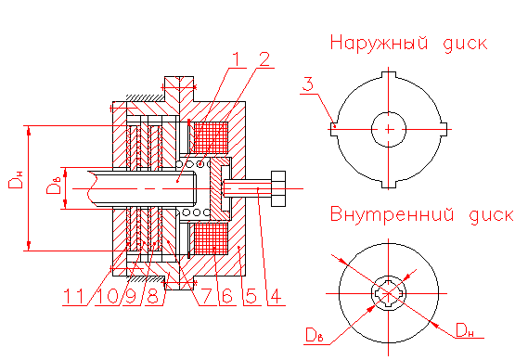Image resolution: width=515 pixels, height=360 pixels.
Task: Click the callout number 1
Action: pyautogui.click(x=238, y=59)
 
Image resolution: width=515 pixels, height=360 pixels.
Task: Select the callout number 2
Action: pyautogui.click(x=264, y=59)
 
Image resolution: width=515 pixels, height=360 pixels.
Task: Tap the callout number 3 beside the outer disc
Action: pyautogui.click(x=308, y=84)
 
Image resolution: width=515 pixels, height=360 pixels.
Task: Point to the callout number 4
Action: pyautogui.click(x=276, y=296)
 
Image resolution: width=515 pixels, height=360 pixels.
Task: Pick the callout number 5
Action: pyautogui.click(x=251, y=296)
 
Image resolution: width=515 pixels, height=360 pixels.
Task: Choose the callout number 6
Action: pyautogui.click(x=227, y=296)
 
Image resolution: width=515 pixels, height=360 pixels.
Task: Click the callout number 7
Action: pyautogui.click(x=206, y=296)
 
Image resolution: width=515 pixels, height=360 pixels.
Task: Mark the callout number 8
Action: pyautogui.click(x=152, y=297)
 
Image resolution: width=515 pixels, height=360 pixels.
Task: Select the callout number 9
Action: pyautogui.click(x=131, y=297)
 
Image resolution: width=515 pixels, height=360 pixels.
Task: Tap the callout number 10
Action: pyautogui.click(x=107, y=297)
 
